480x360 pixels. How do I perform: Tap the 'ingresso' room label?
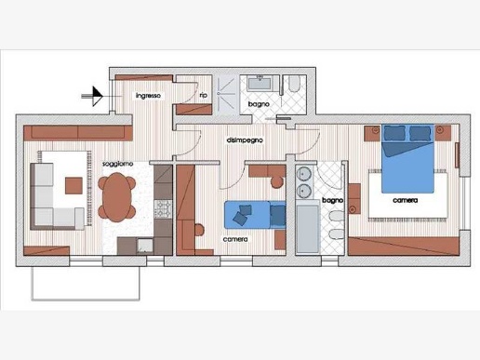pyautogui.click(x=148, y=96)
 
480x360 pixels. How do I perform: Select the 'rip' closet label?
pyautogui.click(x=204, y=95)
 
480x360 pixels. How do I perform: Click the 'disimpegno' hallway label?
pyautogui.click(x=245, y=140)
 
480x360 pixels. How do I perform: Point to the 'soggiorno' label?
pyautogui.click(x=118, y=164)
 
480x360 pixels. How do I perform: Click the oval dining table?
pyautogui.click(x=117, y=197)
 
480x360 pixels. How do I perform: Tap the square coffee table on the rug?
pyautogui.click(x=73, y=185)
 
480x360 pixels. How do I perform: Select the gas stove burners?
pyautogui.click(x=163, y=208)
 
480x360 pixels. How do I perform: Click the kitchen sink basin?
pyautogui.click(x=145, y=246)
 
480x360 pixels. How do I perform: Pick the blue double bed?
pyautogui.click(x=407, y=158)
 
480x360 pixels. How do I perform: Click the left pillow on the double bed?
pyautogui.click(x=394, y=133)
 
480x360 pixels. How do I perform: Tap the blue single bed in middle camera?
pyautogui.click(x=255, y=215)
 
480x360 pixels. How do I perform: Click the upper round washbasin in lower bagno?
pyautogui.click(x=303, y=174)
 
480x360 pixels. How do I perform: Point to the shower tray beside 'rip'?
pyautogui.click(x=226, y=95)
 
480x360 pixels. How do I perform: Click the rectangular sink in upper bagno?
pyautogui.click(x=260, y=84)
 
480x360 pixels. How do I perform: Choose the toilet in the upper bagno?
pyautogui.click(x=294, y=84)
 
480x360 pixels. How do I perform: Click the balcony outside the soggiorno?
pyautogui.click(x=86, y=284)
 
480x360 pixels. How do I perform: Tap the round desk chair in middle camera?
pyautogui.click(x=277, y=182)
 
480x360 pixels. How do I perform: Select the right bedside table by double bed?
pyautogui.click(x=443, y=133)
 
